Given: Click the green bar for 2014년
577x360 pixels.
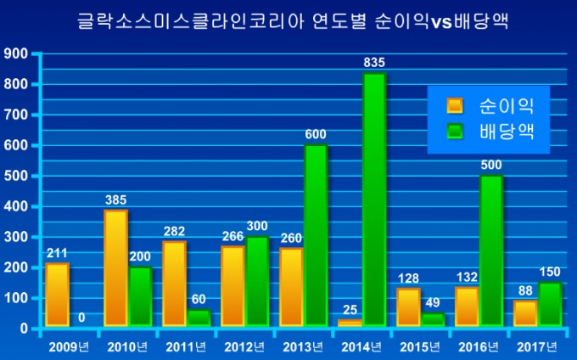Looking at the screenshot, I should pyautogui.click(x=374, y=200).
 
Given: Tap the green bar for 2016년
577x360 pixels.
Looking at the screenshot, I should pyautogui.click(x=491, y=250).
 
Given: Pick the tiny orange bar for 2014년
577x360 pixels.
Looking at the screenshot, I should pyautogui.click(x=350, y=323).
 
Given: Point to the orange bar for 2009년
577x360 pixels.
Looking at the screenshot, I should pyautogui.click(x=57, y=295).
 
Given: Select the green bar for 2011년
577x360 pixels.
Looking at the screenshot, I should pyautogui.click(x=199, y=318).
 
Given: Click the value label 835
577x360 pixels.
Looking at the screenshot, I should pyautogui.click(x=374, y=62).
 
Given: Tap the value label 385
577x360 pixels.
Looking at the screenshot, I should pyautogui.click(x=115, y=200).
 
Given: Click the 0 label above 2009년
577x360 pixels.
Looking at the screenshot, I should pyautogui.click(x=81, y=318).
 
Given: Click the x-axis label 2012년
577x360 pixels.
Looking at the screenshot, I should pyautogui.click(x=245, y=346).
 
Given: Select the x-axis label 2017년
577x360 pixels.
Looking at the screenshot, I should pyautogui.click(x=536, y=346).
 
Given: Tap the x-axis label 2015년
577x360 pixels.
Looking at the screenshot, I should pyautogui.click(x=420, y=346).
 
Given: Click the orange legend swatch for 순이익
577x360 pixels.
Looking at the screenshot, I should pyautogui.click(x=455, y=106).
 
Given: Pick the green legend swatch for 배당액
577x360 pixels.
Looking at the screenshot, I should pyautogui.click(x=455, y=132).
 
